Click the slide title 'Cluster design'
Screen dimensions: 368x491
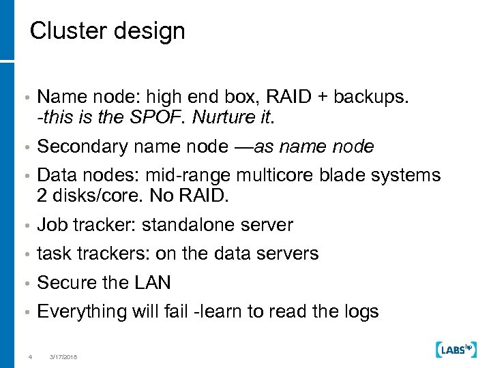108,31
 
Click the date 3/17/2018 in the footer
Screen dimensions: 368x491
63,356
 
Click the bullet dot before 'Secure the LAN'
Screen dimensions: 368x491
25,283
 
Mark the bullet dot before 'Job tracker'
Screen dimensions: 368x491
25,226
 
